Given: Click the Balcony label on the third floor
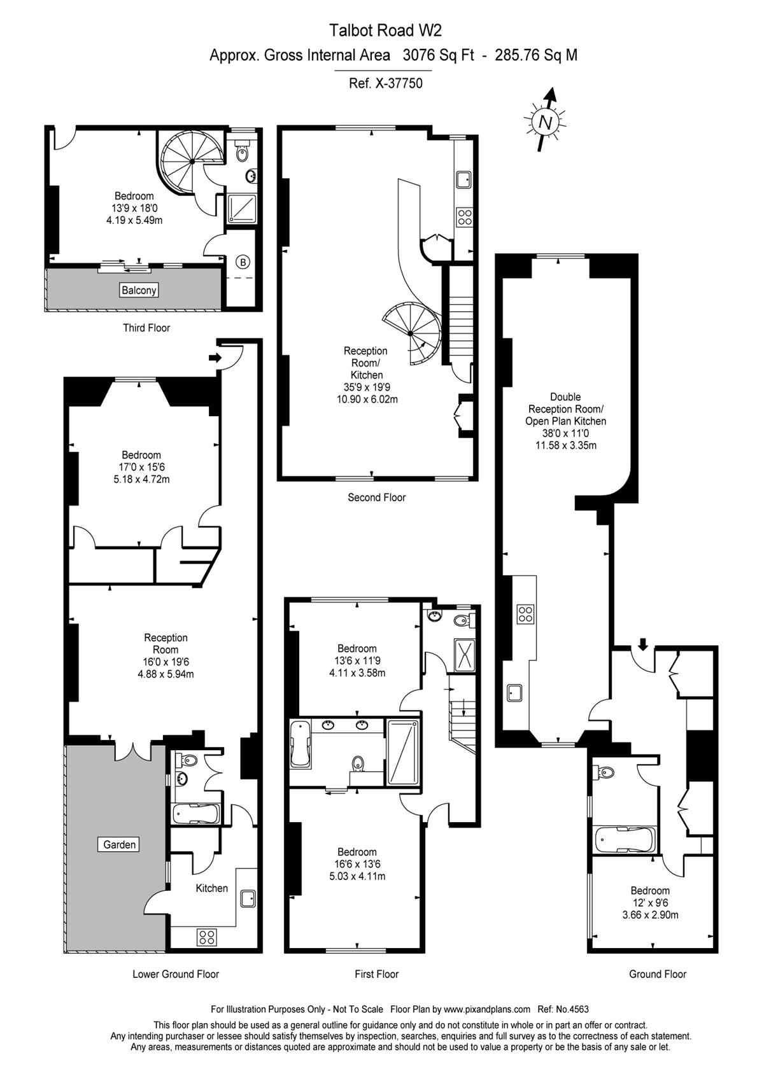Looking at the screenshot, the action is point(139,290).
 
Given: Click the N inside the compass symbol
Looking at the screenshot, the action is point(545,122).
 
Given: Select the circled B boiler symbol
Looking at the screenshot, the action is point(243,263).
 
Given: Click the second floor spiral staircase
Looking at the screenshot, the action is point(411,333).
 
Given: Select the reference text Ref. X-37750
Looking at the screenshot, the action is point(385,83).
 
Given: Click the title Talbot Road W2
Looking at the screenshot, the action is point(385,31).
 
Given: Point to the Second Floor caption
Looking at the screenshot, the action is point(377,498).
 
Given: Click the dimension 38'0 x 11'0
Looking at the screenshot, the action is point(565,433).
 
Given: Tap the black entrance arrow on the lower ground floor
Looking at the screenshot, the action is point(215,358).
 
